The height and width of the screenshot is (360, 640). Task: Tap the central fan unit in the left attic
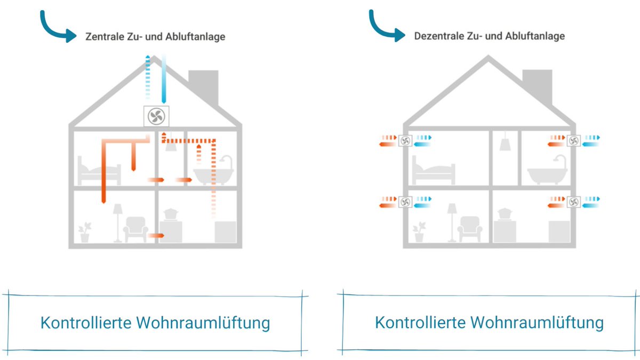pos(157,116)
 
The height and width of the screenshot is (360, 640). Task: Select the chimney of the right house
pos(537,85)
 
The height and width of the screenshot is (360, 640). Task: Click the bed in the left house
pos(99,170)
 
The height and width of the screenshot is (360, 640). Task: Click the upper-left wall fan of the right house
pos(405,141)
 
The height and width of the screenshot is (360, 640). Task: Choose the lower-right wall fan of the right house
pos(574,202)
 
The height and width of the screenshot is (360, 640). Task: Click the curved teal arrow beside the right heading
pos(387,27)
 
